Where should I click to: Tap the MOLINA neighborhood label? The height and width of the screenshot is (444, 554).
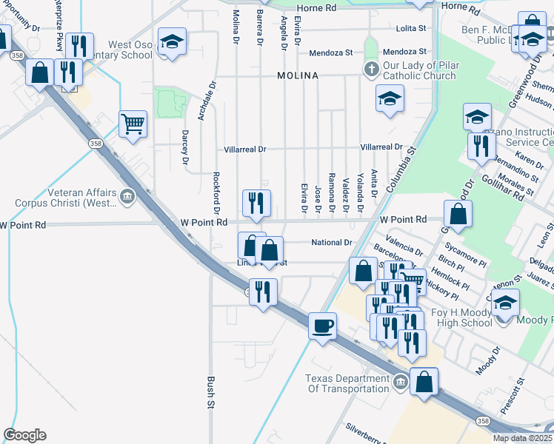(x=298, y=76)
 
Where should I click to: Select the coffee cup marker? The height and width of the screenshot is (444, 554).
(x=322, y=326)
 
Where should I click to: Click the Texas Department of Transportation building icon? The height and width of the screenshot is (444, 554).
(x=400, y=382)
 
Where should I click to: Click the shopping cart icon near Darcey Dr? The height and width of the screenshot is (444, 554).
(x=133, y=124)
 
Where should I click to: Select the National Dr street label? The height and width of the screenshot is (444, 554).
(x=331, y=242)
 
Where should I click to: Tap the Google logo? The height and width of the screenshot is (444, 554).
(x=24, y=435)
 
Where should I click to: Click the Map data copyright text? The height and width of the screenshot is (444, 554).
(x=523, y=438)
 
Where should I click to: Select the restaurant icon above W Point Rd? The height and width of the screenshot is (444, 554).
(x=257, y=203)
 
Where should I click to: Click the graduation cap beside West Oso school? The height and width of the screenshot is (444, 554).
(x=172, y=41)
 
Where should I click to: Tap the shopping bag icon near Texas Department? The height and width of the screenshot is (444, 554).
(x=424, y=382)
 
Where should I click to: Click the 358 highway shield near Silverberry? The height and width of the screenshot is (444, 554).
(x=483, y=420)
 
